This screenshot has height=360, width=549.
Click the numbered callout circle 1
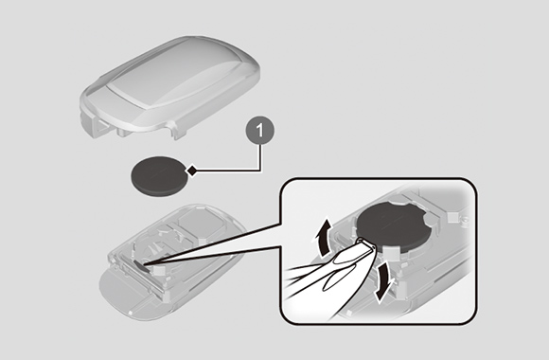[x=259, y=131]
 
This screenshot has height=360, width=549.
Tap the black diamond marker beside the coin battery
[x=191, y=171]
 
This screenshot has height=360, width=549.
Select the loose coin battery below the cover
[x=159, y=176]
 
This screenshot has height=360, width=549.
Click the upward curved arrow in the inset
[x=323, y=237]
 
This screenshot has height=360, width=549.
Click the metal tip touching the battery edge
[x=366, y=243]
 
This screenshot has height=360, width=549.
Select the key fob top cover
[x=170, y=86]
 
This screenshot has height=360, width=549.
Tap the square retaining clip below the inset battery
[x=392, y=252]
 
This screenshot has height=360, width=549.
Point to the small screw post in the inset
[x=465, y=220]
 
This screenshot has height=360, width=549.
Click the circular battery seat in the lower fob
[x=161, y=251]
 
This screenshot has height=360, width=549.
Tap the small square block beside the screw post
[x=452, y=217]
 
